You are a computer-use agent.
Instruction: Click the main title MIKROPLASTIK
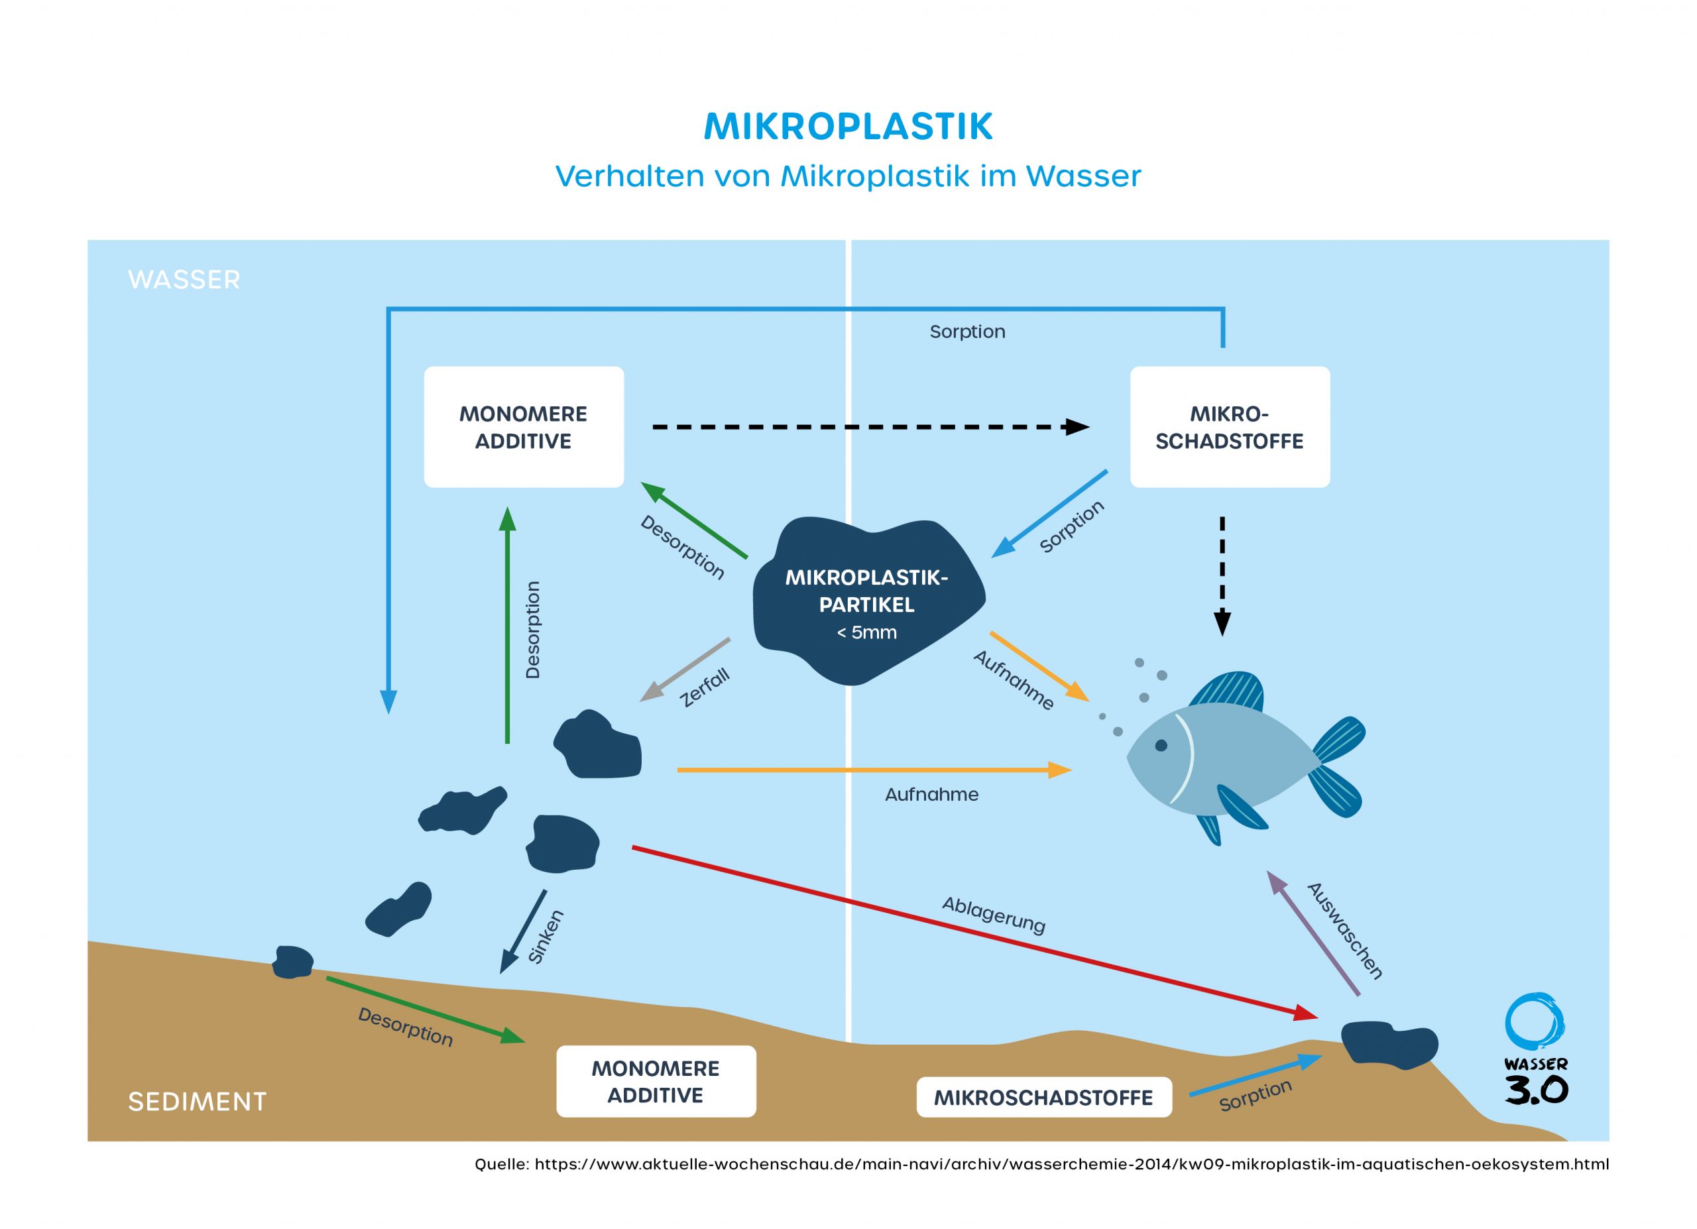tap(848, 127)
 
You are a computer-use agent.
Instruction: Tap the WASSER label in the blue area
tap(184, 280)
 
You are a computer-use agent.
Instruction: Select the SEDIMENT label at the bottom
tap(197, 1102)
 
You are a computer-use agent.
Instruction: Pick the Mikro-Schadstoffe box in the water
tap(1230, 427)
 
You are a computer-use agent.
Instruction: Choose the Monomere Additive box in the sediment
tap(656, 1082)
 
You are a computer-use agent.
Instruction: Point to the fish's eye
tap(1161, 745)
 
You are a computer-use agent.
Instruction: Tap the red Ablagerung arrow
tap(972, 931)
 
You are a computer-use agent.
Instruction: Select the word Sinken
tap(546, 936)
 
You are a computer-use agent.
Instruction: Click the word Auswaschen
tap(1344, 931)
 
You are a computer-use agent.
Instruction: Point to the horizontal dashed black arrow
tap(868, 427)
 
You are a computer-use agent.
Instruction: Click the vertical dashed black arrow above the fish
tap(1222, 576)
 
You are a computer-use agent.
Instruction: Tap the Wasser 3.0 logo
tap(1535, 1050)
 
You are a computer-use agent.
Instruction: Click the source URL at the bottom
tap(1041, 1164)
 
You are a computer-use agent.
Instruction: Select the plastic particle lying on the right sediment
tap(1389, 1043)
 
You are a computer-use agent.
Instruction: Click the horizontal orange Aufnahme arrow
tap(872, 770)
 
